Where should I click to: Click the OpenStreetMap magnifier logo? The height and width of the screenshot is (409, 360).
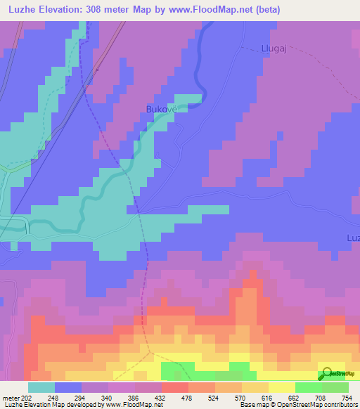[327, 374]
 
